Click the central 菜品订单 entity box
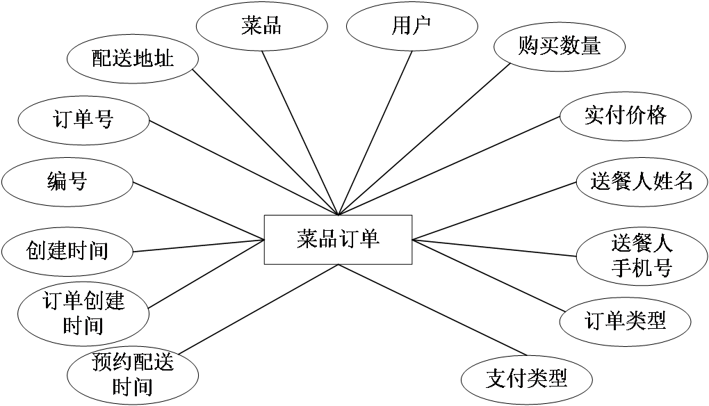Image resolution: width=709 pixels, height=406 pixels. [x=338, y=240]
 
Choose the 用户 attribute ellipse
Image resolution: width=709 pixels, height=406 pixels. [x=411, y=27]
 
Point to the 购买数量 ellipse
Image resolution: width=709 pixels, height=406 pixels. [x=559, y=47]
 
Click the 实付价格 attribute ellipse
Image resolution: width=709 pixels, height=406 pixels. [x=625, y=115]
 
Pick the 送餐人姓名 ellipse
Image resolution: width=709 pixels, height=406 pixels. [x=642, y=182]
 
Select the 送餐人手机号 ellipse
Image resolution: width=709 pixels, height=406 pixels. [x=642, y=255]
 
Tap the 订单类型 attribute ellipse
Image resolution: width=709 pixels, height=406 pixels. [x=625, y=320]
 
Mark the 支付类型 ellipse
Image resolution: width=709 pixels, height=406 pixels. [x=526, y=379]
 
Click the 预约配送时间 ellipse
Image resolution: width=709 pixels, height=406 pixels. [x=132, y=373]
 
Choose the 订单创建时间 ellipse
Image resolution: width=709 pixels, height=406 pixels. [x=83, y=313]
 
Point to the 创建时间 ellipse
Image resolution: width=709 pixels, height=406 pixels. [x=67, y=250]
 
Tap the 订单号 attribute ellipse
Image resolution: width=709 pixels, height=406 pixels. [x=83, y=120]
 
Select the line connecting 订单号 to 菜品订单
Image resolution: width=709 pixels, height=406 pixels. [x=243, y=168]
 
